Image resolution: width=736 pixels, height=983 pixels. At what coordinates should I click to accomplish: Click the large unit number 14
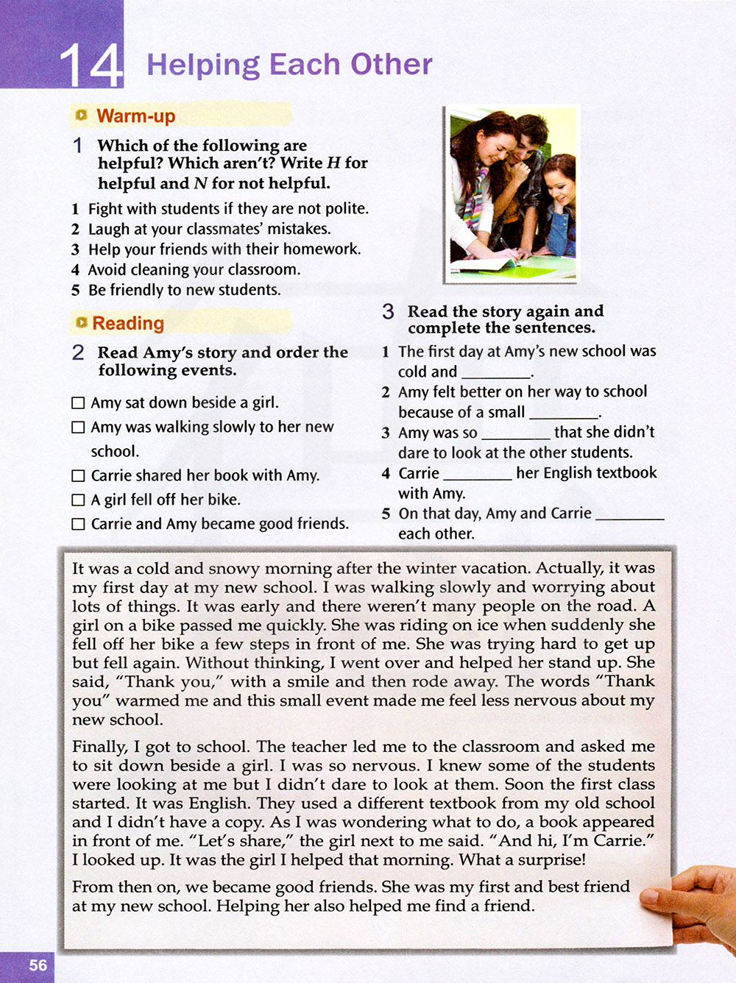point(91,65)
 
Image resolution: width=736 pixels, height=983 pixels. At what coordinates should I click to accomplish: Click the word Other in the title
point(391,64)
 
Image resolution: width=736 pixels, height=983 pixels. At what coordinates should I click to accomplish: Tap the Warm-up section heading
point(135,116)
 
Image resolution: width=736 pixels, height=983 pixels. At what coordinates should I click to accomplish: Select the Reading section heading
point(128,323)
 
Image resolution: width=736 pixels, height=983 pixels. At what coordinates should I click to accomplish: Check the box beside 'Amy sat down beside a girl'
point(78,402)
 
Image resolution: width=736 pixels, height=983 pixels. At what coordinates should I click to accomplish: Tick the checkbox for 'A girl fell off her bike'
point(78,500)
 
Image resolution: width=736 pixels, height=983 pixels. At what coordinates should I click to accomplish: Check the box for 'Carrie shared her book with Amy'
point(78,475)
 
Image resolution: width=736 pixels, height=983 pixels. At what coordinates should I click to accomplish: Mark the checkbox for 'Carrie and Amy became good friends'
point(78,524)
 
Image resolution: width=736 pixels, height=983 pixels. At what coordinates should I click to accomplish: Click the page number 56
point(38,965)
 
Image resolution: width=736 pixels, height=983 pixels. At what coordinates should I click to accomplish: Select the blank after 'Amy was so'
point(515,433)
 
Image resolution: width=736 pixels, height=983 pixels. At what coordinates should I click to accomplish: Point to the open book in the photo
point(486,262)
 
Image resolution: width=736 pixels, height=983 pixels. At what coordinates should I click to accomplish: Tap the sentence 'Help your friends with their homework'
point(224,249)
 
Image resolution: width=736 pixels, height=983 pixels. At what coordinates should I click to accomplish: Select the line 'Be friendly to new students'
point(184,290)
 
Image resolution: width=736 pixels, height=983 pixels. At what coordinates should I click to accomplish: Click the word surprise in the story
point(552,860)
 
